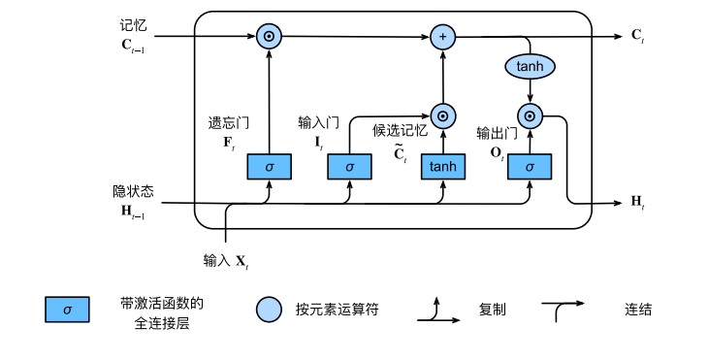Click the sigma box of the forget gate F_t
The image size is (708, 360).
270,166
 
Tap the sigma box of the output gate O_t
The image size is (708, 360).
529,166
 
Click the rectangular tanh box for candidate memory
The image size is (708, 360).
442,166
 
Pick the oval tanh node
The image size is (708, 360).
530,66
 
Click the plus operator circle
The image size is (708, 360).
442,37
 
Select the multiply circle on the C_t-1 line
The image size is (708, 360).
270,37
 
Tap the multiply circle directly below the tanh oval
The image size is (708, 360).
530,116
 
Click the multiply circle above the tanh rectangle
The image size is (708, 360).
442,116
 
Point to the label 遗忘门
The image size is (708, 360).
230,123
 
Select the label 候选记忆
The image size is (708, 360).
400,130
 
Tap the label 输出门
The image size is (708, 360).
496,133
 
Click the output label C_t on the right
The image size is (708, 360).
637,37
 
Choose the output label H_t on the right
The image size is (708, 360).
637,202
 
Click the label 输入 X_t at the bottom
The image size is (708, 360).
226,261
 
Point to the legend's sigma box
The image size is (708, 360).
67,310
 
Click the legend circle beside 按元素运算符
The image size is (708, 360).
269,310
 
